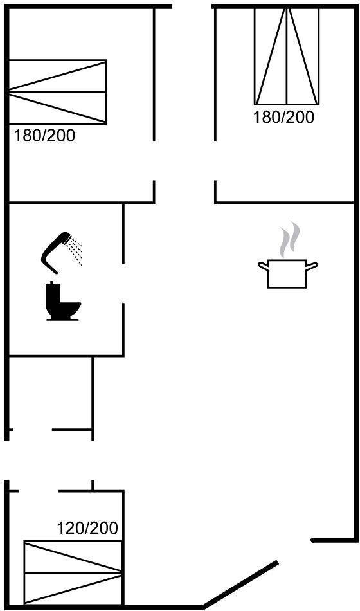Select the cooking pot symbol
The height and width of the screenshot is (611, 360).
[x=287, y=273]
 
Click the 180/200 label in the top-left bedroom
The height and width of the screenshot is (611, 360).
[x=44, y=136]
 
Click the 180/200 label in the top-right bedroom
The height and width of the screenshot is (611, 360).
[x=283, y=117]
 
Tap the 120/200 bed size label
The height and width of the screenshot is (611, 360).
[x=87, y=528]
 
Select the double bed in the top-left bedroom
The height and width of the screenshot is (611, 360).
[x=57, y=93]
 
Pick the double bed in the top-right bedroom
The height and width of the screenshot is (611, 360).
[x=287, y=57]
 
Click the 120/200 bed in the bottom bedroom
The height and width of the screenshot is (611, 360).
[x=73, y=573]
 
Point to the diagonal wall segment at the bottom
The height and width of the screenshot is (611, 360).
[x=240, y=585]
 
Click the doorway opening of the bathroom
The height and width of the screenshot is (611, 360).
[x=123, y=283]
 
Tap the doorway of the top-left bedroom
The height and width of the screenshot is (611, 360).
[x=154, y=161]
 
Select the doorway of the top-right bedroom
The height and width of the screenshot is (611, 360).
[x=215, y=161]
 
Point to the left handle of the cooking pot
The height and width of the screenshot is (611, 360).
[x=264, y=266]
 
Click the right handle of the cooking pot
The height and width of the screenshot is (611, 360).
[x=312, y=266]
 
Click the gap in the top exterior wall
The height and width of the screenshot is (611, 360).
[x=192, y=6]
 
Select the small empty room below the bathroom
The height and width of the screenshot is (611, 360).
[x=51, y=393]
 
